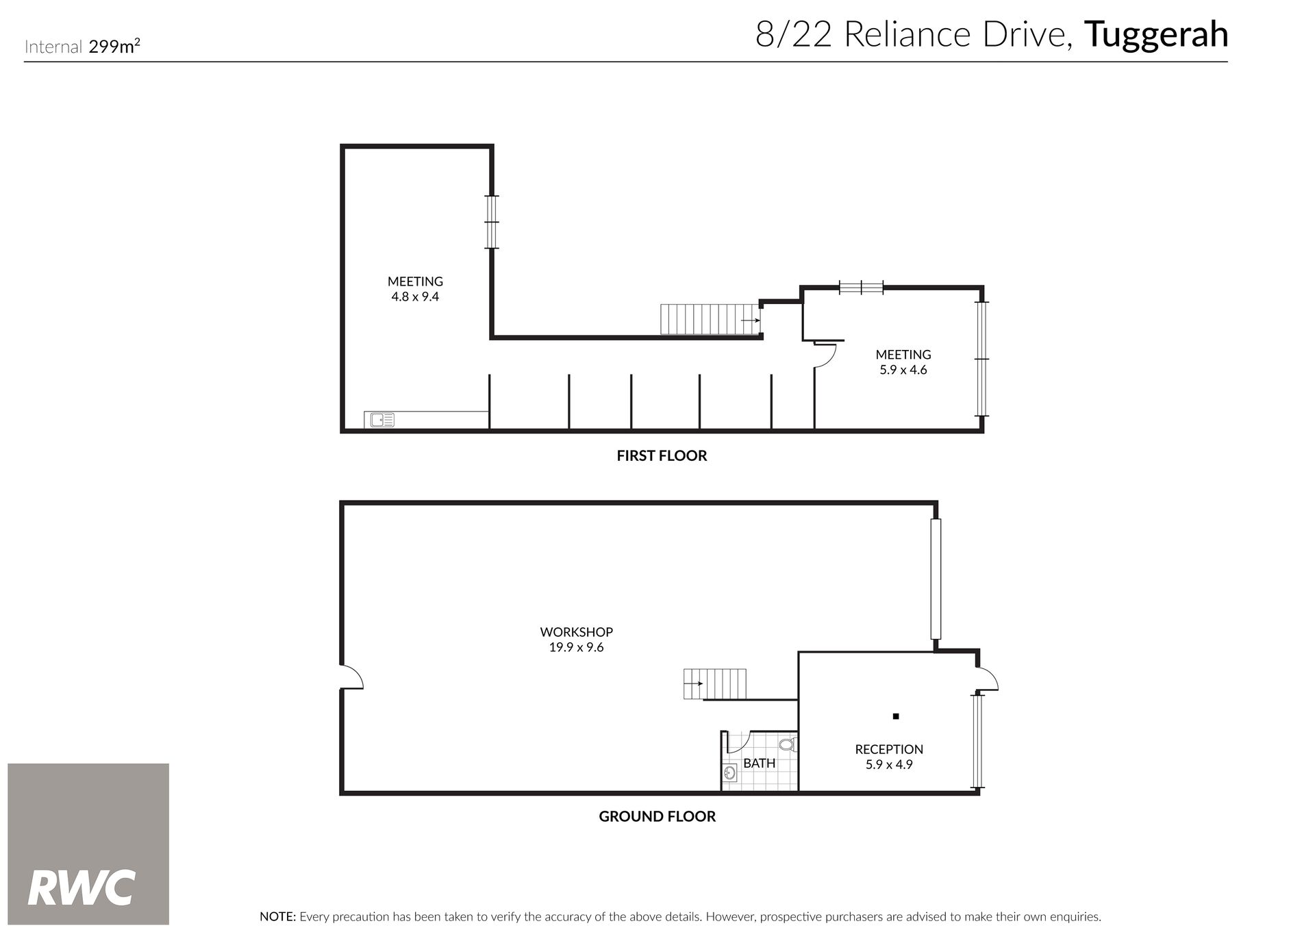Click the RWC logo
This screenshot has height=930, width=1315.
point(88,844)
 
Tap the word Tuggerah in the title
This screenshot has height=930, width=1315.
point(1156,36)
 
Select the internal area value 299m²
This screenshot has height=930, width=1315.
point(115,47)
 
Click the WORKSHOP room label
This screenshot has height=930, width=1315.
point(576,632)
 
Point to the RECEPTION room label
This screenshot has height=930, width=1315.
point(889,749)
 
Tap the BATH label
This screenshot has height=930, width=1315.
point(760,763)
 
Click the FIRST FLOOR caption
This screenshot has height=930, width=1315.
point(662,455)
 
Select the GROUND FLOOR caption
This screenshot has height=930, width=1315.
point(657,816)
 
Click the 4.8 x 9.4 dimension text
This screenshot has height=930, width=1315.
point(415,297)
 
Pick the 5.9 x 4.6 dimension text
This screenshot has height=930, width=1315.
point(903,370)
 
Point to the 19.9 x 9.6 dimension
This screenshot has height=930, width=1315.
point(576,647)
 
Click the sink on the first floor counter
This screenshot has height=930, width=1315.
point(382,420)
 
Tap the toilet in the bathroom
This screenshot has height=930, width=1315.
point(788,744)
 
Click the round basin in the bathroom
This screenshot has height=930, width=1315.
point(730,774)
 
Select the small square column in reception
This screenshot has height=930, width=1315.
point(895,716)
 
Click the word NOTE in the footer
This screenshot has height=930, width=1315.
point(277,916)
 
